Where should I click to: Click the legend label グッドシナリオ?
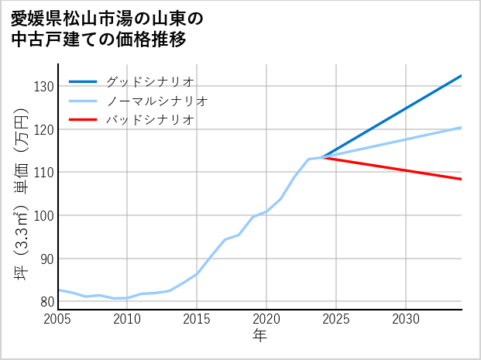(x=149, y=82)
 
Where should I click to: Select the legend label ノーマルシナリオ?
(x=156, y=101)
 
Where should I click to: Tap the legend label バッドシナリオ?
(x=149, y=120)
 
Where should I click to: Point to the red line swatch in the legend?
(x=83, y=120)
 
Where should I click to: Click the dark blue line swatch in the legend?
(x=83, y=82)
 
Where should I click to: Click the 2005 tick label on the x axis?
(x=57, y=319)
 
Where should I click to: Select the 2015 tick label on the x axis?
(x=197, y=319)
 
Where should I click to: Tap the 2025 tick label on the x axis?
(x=336, y=319)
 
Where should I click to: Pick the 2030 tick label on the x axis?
(x=406, y=319)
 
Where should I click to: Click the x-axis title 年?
(x=259, y=336)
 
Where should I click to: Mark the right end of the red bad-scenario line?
(x=462, y=180)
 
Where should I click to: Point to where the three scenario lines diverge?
(x=322, y=157)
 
